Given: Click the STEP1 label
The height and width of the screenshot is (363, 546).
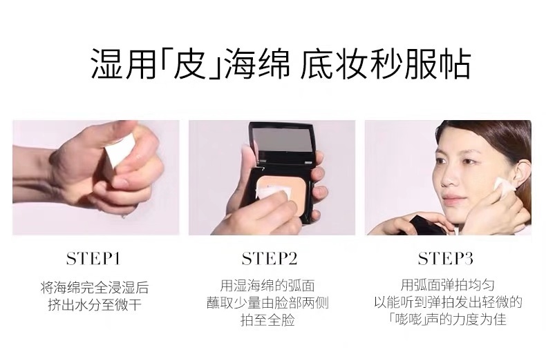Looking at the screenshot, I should click(94, 259).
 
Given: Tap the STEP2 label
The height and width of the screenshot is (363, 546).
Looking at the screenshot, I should click(270, 259).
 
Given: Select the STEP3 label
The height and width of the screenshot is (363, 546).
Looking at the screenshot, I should click(446, 259).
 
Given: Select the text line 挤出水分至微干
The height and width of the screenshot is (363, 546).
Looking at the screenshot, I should click(94, 304).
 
